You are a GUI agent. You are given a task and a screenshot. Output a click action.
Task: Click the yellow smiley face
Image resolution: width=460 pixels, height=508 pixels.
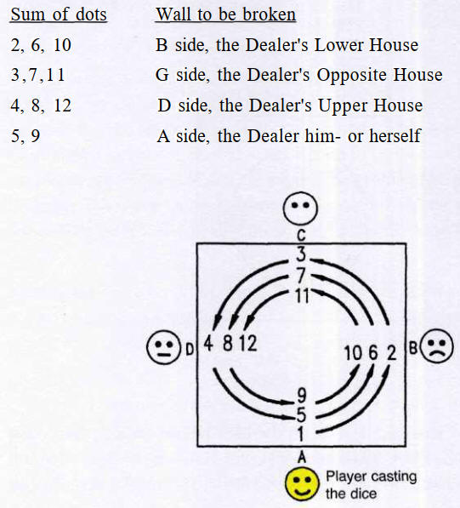tap(302, 483)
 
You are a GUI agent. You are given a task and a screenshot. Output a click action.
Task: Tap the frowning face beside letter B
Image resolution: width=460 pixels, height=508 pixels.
tap(436, 345)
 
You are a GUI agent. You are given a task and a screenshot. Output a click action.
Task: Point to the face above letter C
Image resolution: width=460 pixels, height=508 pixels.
tap(300, 208)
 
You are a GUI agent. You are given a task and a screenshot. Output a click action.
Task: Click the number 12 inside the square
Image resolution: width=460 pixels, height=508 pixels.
tap(248, 344)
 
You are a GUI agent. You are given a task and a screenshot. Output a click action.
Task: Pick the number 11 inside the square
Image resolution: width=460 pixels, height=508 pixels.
tap(303, 295)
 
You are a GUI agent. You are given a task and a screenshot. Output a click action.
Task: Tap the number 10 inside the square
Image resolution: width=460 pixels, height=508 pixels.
tap(353, 353)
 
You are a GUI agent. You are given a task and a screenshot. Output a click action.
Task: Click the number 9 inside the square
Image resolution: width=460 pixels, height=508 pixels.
tap(302, 396)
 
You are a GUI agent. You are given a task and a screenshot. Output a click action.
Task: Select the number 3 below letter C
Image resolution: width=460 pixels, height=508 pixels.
tap(301, 254)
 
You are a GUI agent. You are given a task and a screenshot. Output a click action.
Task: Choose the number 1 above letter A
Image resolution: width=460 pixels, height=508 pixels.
tap(301, 433)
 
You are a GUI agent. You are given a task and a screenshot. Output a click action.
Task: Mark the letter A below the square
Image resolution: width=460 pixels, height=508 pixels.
tap(302, 457)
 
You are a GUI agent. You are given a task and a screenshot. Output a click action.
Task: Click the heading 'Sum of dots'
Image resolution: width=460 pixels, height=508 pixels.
tap(59, 14)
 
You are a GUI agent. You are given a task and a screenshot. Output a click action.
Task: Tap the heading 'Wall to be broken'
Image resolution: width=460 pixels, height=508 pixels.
tap(225, 14)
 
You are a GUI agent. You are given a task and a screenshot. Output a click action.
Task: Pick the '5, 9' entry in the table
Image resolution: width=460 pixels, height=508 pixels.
tap(26, 136)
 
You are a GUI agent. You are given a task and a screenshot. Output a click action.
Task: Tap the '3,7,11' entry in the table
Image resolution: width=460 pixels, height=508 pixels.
tap(38, 75)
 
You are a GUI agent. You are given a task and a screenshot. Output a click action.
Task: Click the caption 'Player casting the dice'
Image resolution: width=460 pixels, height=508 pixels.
tap(371, 485)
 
